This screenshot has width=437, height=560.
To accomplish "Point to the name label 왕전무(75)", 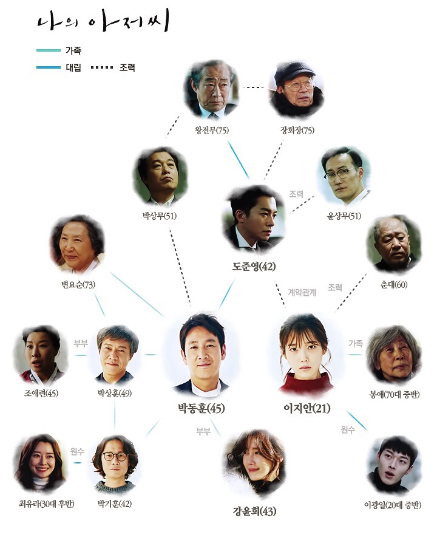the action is coord(211,130).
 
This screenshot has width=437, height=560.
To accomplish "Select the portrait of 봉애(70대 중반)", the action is coord(393,356).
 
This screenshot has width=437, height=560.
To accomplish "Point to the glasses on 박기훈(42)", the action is coord(114,456).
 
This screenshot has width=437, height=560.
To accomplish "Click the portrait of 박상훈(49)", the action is coord(115,352).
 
